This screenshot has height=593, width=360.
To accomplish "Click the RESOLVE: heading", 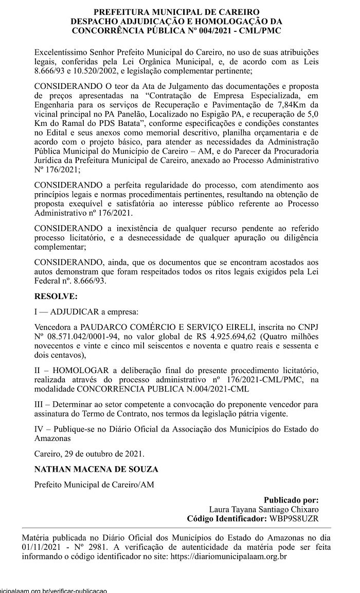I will (56, 296).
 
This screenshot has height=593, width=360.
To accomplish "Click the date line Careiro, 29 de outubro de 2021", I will (89, 454).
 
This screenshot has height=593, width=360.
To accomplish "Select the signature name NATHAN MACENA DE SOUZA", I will (96, 469).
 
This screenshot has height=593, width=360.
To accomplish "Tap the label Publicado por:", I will (291, 499).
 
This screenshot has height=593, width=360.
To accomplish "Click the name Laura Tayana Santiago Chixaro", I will (267, 509).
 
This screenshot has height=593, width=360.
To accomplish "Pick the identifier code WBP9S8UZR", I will (292, 518).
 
